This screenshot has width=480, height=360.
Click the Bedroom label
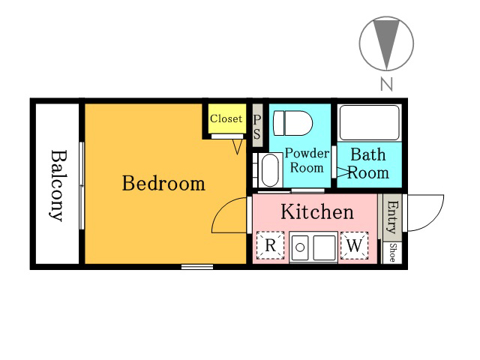click(x=163, y=183)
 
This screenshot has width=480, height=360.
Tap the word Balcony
click(x=58, y=185)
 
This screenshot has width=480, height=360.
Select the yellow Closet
click(x=226, y=118)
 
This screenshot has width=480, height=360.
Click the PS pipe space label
click(x=257, y=126)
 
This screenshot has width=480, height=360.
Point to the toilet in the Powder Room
click(x=292, y=123)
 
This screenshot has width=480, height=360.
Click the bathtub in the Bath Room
click(x=370, y=122)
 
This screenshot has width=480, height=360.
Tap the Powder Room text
click(x=307, y=160)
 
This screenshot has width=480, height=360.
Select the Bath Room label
click(x=368, y=163)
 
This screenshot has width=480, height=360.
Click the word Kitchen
click(x=317, y=211)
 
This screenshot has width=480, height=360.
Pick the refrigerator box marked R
click(x=270, y=245)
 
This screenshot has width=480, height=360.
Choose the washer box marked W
click(x=354, y=245)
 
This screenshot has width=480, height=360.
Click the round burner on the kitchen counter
click(x=300, y=247)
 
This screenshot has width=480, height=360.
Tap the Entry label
click(x=393, y=217)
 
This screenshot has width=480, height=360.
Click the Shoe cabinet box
click(x=392, y=252)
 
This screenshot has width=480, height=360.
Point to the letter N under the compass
click(x=386, y=83)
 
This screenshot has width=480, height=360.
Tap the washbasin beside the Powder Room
click(x=270, y=170)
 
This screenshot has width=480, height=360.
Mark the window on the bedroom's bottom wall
click(x=197, y=267)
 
